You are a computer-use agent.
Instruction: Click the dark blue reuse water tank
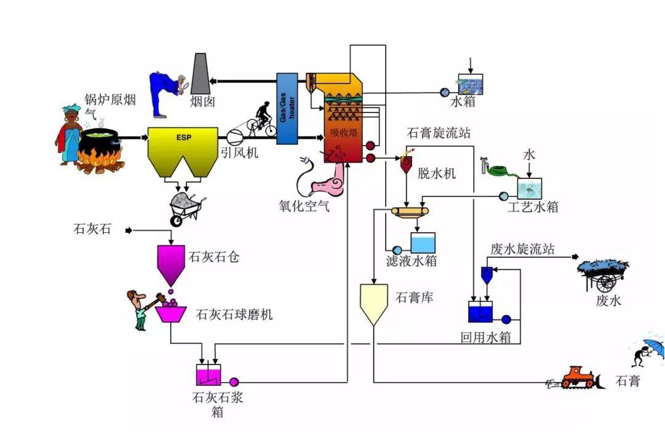click(480, 312)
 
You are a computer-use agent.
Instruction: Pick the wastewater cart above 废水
click(602, 274)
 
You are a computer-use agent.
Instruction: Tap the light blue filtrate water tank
click(423, 243)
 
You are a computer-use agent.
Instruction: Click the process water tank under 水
click(529, 188)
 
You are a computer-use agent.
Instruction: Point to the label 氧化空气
click(304, 206)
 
